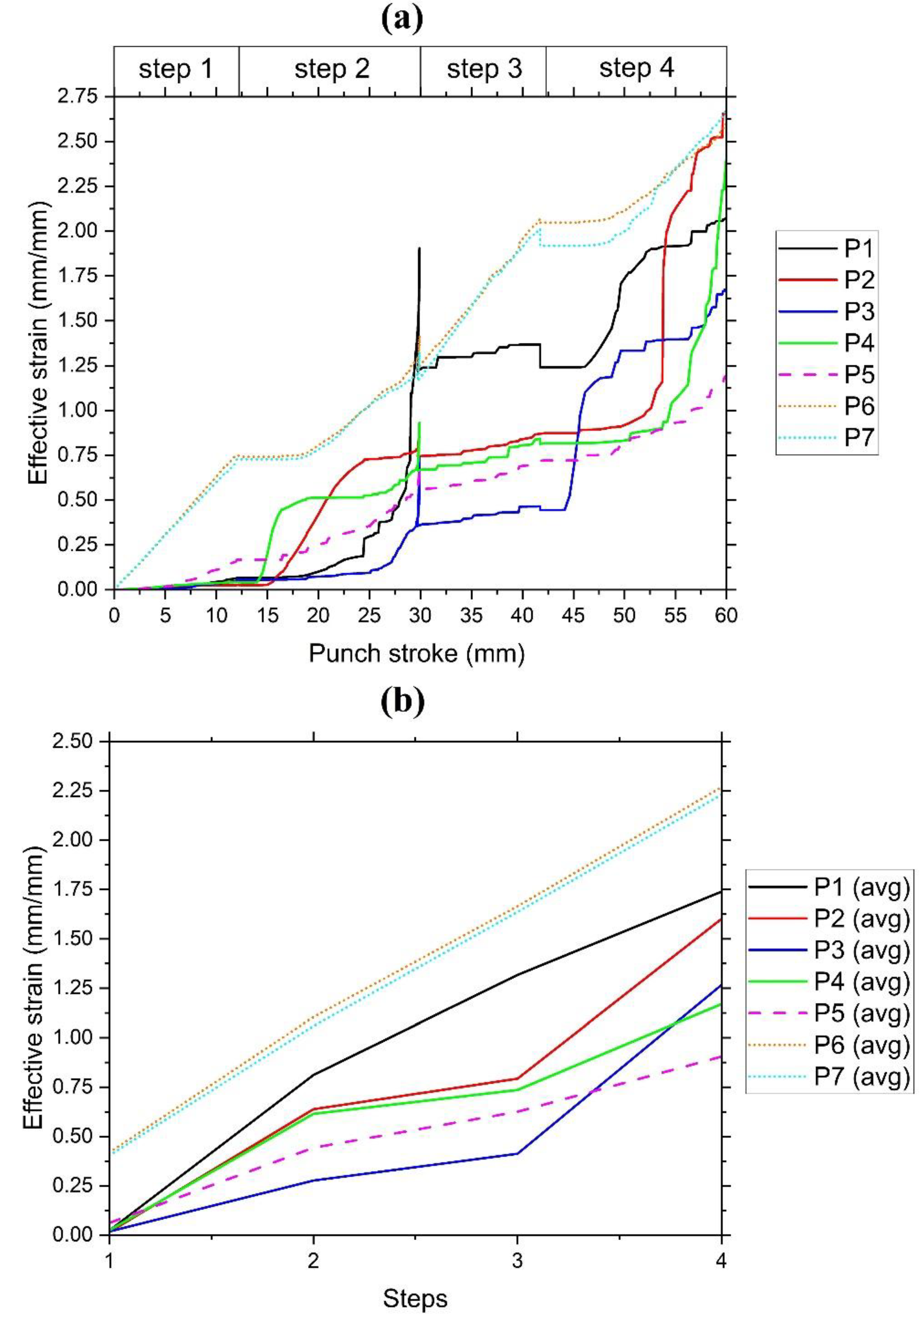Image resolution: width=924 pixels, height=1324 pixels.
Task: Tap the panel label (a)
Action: pyautogui.click(x=402, y=19)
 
